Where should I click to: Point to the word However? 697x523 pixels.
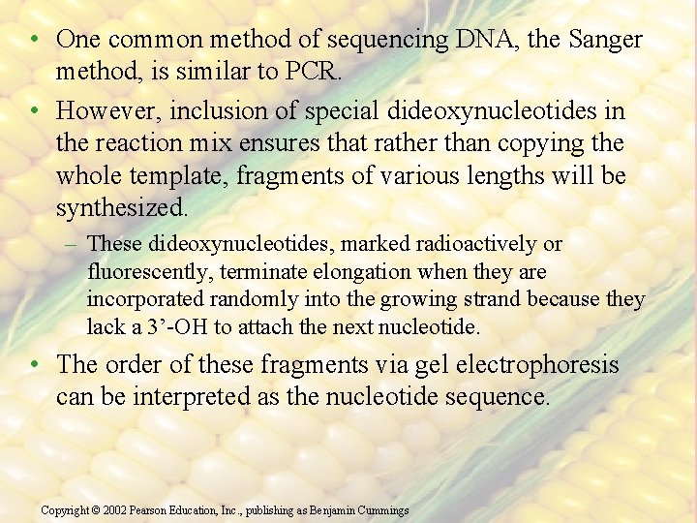tap(105, 111)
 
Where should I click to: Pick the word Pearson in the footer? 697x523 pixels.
tap(153, 509)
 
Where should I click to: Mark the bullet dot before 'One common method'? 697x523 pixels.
tap(34, 40)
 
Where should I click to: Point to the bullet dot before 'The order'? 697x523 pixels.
tap(34, 365)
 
